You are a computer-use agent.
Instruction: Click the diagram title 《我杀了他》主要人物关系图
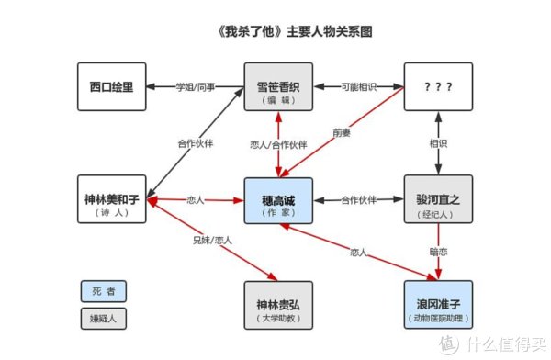[x=275, y=30]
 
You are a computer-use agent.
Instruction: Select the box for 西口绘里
[x=111, y=87]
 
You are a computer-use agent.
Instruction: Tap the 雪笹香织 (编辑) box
[x=279, y=87]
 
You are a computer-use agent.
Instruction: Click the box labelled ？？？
[x=438, y=87]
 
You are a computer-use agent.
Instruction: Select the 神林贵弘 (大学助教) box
[x=279, y=305]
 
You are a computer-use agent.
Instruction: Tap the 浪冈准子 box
[x=438, y=305]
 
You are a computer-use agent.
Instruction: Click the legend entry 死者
[x=103, y=291]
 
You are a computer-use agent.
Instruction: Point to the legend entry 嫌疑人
[x=103, y=319]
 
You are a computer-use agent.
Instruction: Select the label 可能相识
[x=359, y=87]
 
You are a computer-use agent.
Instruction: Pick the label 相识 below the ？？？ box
[x=438, y=144]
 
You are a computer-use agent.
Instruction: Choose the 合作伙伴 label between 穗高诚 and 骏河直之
[x=359, y=199]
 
